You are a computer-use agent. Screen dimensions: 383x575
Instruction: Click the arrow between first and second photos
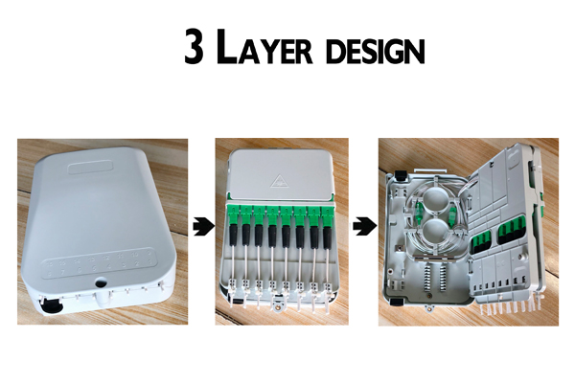click(x=199, y=227)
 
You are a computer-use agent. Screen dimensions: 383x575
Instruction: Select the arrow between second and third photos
click(x=361, y=227)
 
